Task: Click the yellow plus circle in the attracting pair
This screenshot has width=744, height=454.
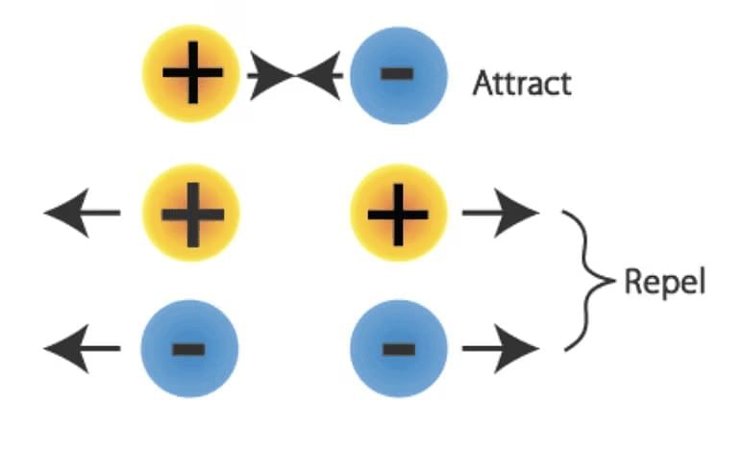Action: (x=191, y=73)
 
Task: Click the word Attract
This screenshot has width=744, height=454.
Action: (x=522, y=83)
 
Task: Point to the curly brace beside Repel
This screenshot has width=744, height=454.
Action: (x=588, y=280)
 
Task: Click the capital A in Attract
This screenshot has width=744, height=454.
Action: (x=483, y=83)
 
